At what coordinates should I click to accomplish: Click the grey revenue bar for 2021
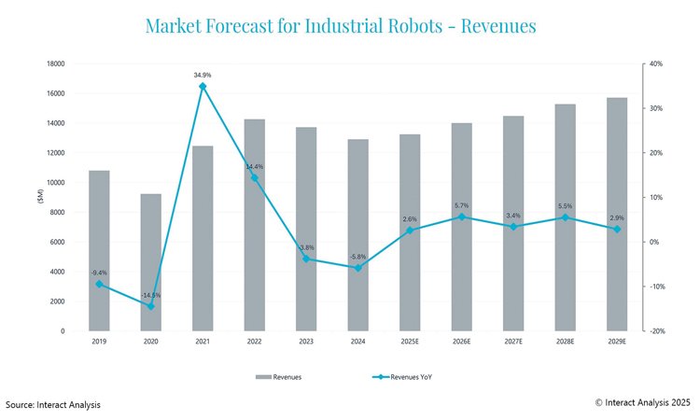tap(203, 238)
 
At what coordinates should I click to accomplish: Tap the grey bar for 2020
tap(150, 262)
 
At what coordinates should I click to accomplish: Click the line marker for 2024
tap(358, 268)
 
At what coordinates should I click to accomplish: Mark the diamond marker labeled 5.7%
tap(462, 217)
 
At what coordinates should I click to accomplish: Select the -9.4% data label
tap(99, 272)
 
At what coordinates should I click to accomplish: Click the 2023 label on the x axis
tap(306, 342)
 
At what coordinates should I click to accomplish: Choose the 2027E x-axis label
tap(513, 342)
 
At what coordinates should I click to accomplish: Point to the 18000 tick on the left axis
tap(56, 63)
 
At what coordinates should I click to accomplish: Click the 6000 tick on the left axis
tap(58, 242)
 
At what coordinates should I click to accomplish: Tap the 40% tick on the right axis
tap(655, 63)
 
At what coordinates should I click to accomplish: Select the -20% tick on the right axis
tap(656, 331)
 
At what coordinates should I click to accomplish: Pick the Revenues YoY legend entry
tap(411, 377)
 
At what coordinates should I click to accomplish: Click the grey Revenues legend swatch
tap(264, 377)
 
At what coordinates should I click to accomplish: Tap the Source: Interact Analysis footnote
tap(53, 404)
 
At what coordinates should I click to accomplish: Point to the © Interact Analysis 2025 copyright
tap(642, 402)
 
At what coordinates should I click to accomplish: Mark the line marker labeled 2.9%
tap(617, 229)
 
